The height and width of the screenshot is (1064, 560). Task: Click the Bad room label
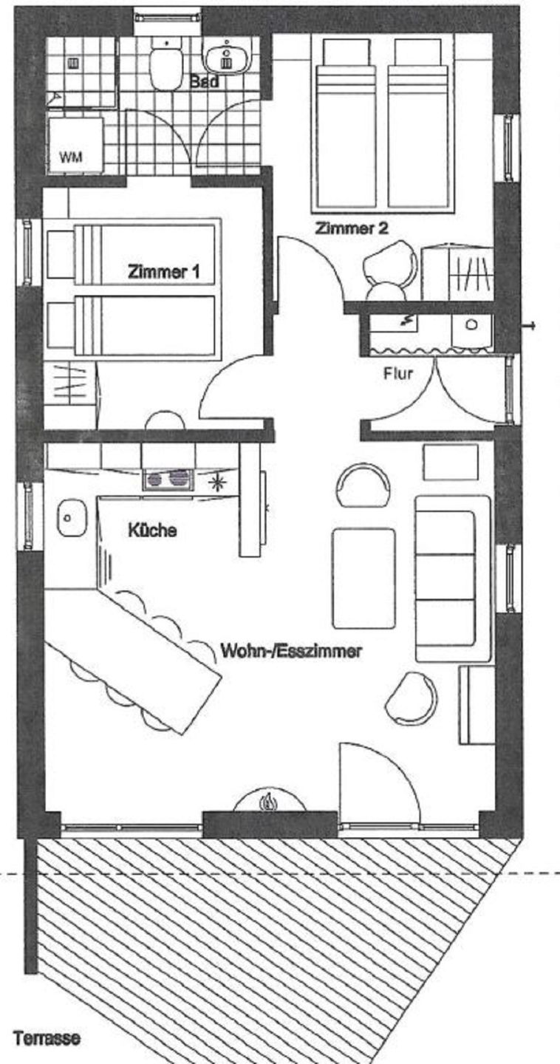click(x=204, y=81)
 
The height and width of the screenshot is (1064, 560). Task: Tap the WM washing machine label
click(x=71, y=157)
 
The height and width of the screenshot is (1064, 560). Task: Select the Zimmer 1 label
click(x=163, y=272)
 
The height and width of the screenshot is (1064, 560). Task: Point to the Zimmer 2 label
click(x=352, y=228)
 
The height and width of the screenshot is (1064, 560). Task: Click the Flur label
click(x=398, y=373)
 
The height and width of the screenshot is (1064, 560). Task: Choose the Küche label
click(x=152, y=530)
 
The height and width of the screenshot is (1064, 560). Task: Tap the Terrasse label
click(x=47, y=1038)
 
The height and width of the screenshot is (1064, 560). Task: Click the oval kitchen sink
click(x=72, y=518)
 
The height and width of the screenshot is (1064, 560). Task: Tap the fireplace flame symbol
click(x=269, y=802)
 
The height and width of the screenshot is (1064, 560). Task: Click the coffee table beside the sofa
click(x=363, y=578)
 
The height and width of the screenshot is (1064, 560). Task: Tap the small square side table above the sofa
click(x=450, y=463)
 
